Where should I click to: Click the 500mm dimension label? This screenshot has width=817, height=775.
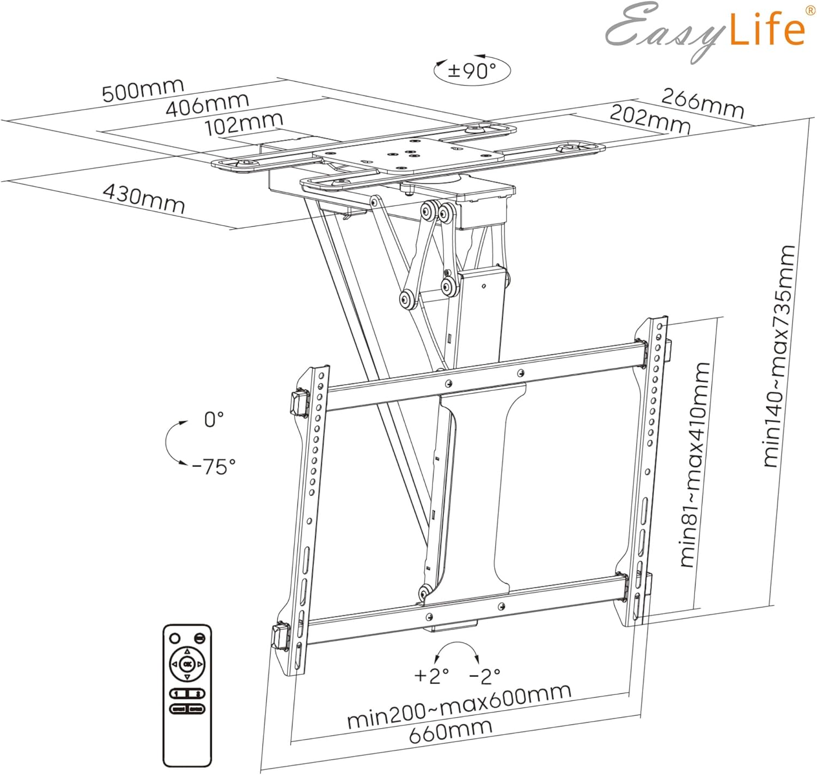tap(143, 89)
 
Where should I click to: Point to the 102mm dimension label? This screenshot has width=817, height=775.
tap(244, 124)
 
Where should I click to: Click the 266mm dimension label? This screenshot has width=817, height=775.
tap(702, 103)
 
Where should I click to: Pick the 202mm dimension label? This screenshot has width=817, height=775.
tap(650, 119)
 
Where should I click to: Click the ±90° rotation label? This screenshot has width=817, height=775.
tap(472, 71)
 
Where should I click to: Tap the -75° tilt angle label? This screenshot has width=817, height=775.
tap(214, 467)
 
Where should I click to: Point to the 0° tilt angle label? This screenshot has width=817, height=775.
tap(214, 420)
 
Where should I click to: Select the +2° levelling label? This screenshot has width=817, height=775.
tap(431, 676)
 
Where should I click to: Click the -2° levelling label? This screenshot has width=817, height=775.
tap(485, 676)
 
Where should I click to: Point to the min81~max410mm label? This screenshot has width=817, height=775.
tap(694, 465)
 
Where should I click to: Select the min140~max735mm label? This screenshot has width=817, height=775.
tap(779, 356)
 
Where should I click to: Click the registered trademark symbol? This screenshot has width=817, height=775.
tap(810, 11)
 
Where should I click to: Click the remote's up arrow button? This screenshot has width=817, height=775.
tap(187, 651)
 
